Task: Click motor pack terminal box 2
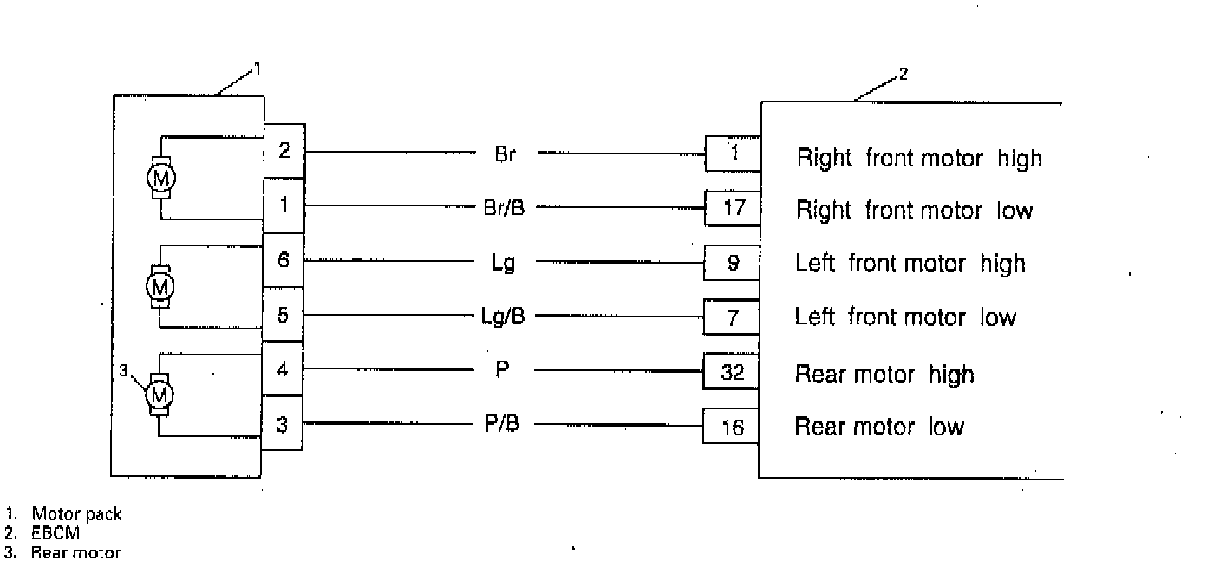pyautogui.click(x=284, y=151)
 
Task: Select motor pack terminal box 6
pyautogui.click(x=284, y=259)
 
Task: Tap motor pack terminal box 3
pyautogui.click(x=283, y=425)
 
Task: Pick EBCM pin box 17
pyautogui.click(x=733, y=209)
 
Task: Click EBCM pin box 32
pyautogui.click(x=733, y=373)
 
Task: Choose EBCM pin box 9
pyautogui.click(x=733, y=263)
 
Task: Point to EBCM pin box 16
pyautogui.click(x=733, y=427)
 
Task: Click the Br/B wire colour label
pyautogui.click(x=504, y=207)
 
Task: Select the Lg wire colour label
pyautogui.click(x=503, y=263)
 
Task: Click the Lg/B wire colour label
pyautogui.click(x=504, y=316)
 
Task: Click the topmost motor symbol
pyautogui.click(x=160, y=178)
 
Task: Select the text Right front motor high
pyautogui.click(x=919, y=159)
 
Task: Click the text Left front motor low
pyautogui.click(x=904, y=317)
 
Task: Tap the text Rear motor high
pyautogui.click(x=884, y=375)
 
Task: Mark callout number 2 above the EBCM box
pyautogui.click(x=903, y=74)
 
